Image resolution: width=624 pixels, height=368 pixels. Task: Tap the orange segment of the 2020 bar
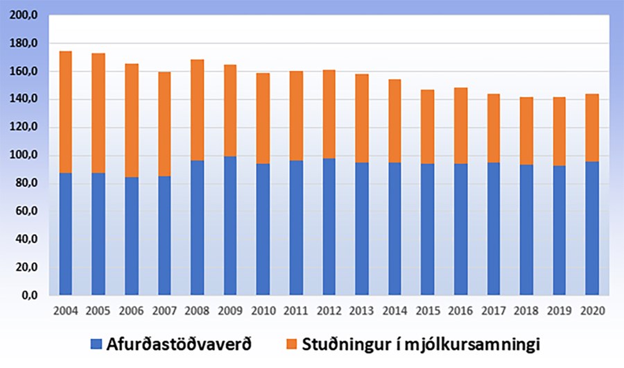click(x=591, y=128)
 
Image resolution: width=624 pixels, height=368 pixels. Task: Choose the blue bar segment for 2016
click(x=460, y=229)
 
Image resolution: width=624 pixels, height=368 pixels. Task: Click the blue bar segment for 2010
click(x=263, y=229)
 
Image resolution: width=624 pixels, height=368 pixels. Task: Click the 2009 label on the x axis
click(x=229, y=310)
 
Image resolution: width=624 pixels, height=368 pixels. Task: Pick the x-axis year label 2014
click(x=395, y=310)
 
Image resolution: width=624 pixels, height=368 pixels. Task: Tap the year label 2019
click(x=559, y=310)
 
